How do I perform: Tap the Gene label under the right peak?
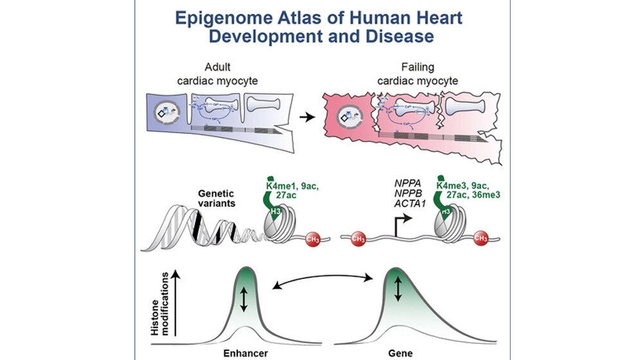tap(398, 354)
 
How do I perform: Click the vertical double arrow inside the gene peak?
tap(397, 287)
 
